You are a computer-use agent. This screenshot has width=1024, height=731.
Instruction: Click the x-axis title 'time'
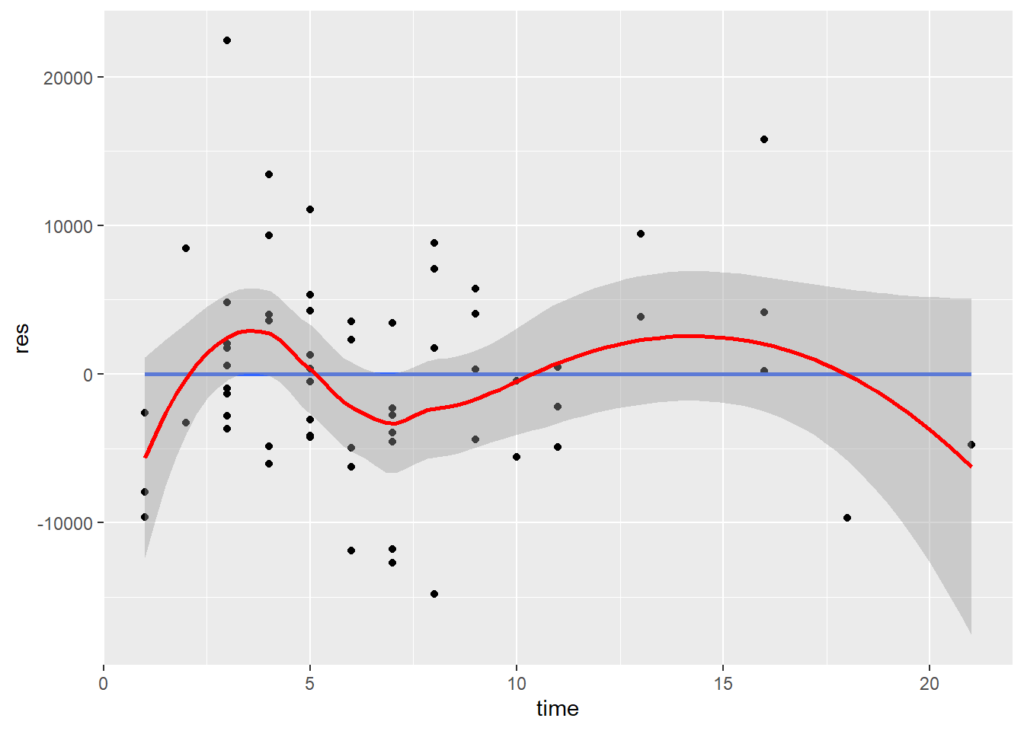click(x=557, y=709)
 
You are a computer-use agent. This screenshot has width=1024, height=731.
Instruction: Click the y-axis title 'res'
click(x=22, y=337)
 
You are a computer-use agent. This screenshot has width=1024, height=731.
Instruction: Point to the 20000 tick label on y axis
click(x=68, y=78)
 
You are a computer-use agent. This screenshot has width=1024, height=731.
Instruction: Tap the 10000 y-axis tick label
click(x=68, y=226)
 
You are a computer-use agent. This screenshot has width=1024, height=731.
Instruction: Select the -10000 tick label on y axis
click(x=65, y=523)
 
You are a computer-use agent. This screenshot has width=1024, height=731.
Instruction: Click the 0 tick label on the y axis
click(x=88, y=375)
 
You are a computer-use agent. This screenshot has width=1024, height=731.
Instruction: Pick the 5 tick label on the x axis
click(x=310, y=684)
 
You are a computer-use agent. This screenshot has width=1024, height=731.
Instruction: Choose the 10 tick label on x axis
click(x=517, y=684)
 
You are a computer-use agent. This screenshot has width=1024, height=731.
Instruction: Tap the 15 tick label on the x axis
click(x=723, y=684)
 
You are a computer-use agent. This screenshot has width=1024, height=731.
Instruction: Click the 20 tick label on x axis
click(x=930, y=684)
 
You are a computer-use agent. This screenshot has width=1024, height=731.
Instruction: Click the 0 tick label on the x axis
click(x=104, y=684)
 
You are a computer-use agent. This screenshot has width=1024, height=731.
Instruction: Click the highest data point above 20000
click(x=227, y=40)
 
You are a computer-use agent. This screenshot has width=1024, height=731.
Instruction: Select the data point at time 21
click(x=971, y=445)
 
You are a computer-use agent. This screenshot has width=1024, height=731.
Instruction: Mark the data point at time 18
click(x=847, y=518)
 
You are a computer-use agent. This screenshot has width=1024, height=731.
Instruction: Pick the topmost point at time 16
click(x=764, y=139)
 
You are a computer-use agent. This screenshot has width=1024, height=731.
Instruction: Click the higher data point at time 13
click(x=641, y=234)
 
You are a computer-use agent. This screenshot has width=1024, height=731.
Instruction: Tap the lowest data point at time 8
click(x=434, y=594)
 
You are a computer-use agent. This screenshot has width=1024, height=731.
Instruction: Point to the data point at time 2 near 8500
click(x=186, y=248)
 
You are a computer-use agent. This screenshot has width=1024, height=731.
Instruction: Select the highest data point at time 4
click(x=269, y=174)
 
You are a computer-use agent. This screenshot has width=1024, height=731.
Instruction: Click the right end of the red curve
click(x=971, y=466)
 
